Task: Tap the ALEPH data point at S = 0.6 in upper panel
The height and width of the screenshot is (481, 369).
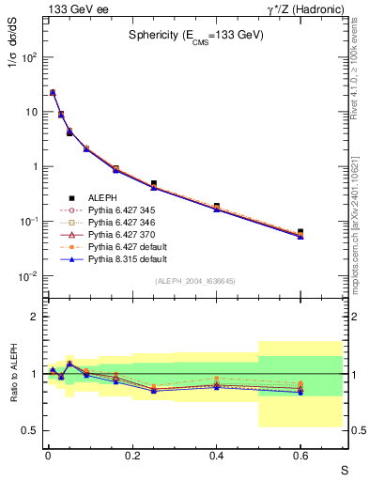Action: pos(300,232)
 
